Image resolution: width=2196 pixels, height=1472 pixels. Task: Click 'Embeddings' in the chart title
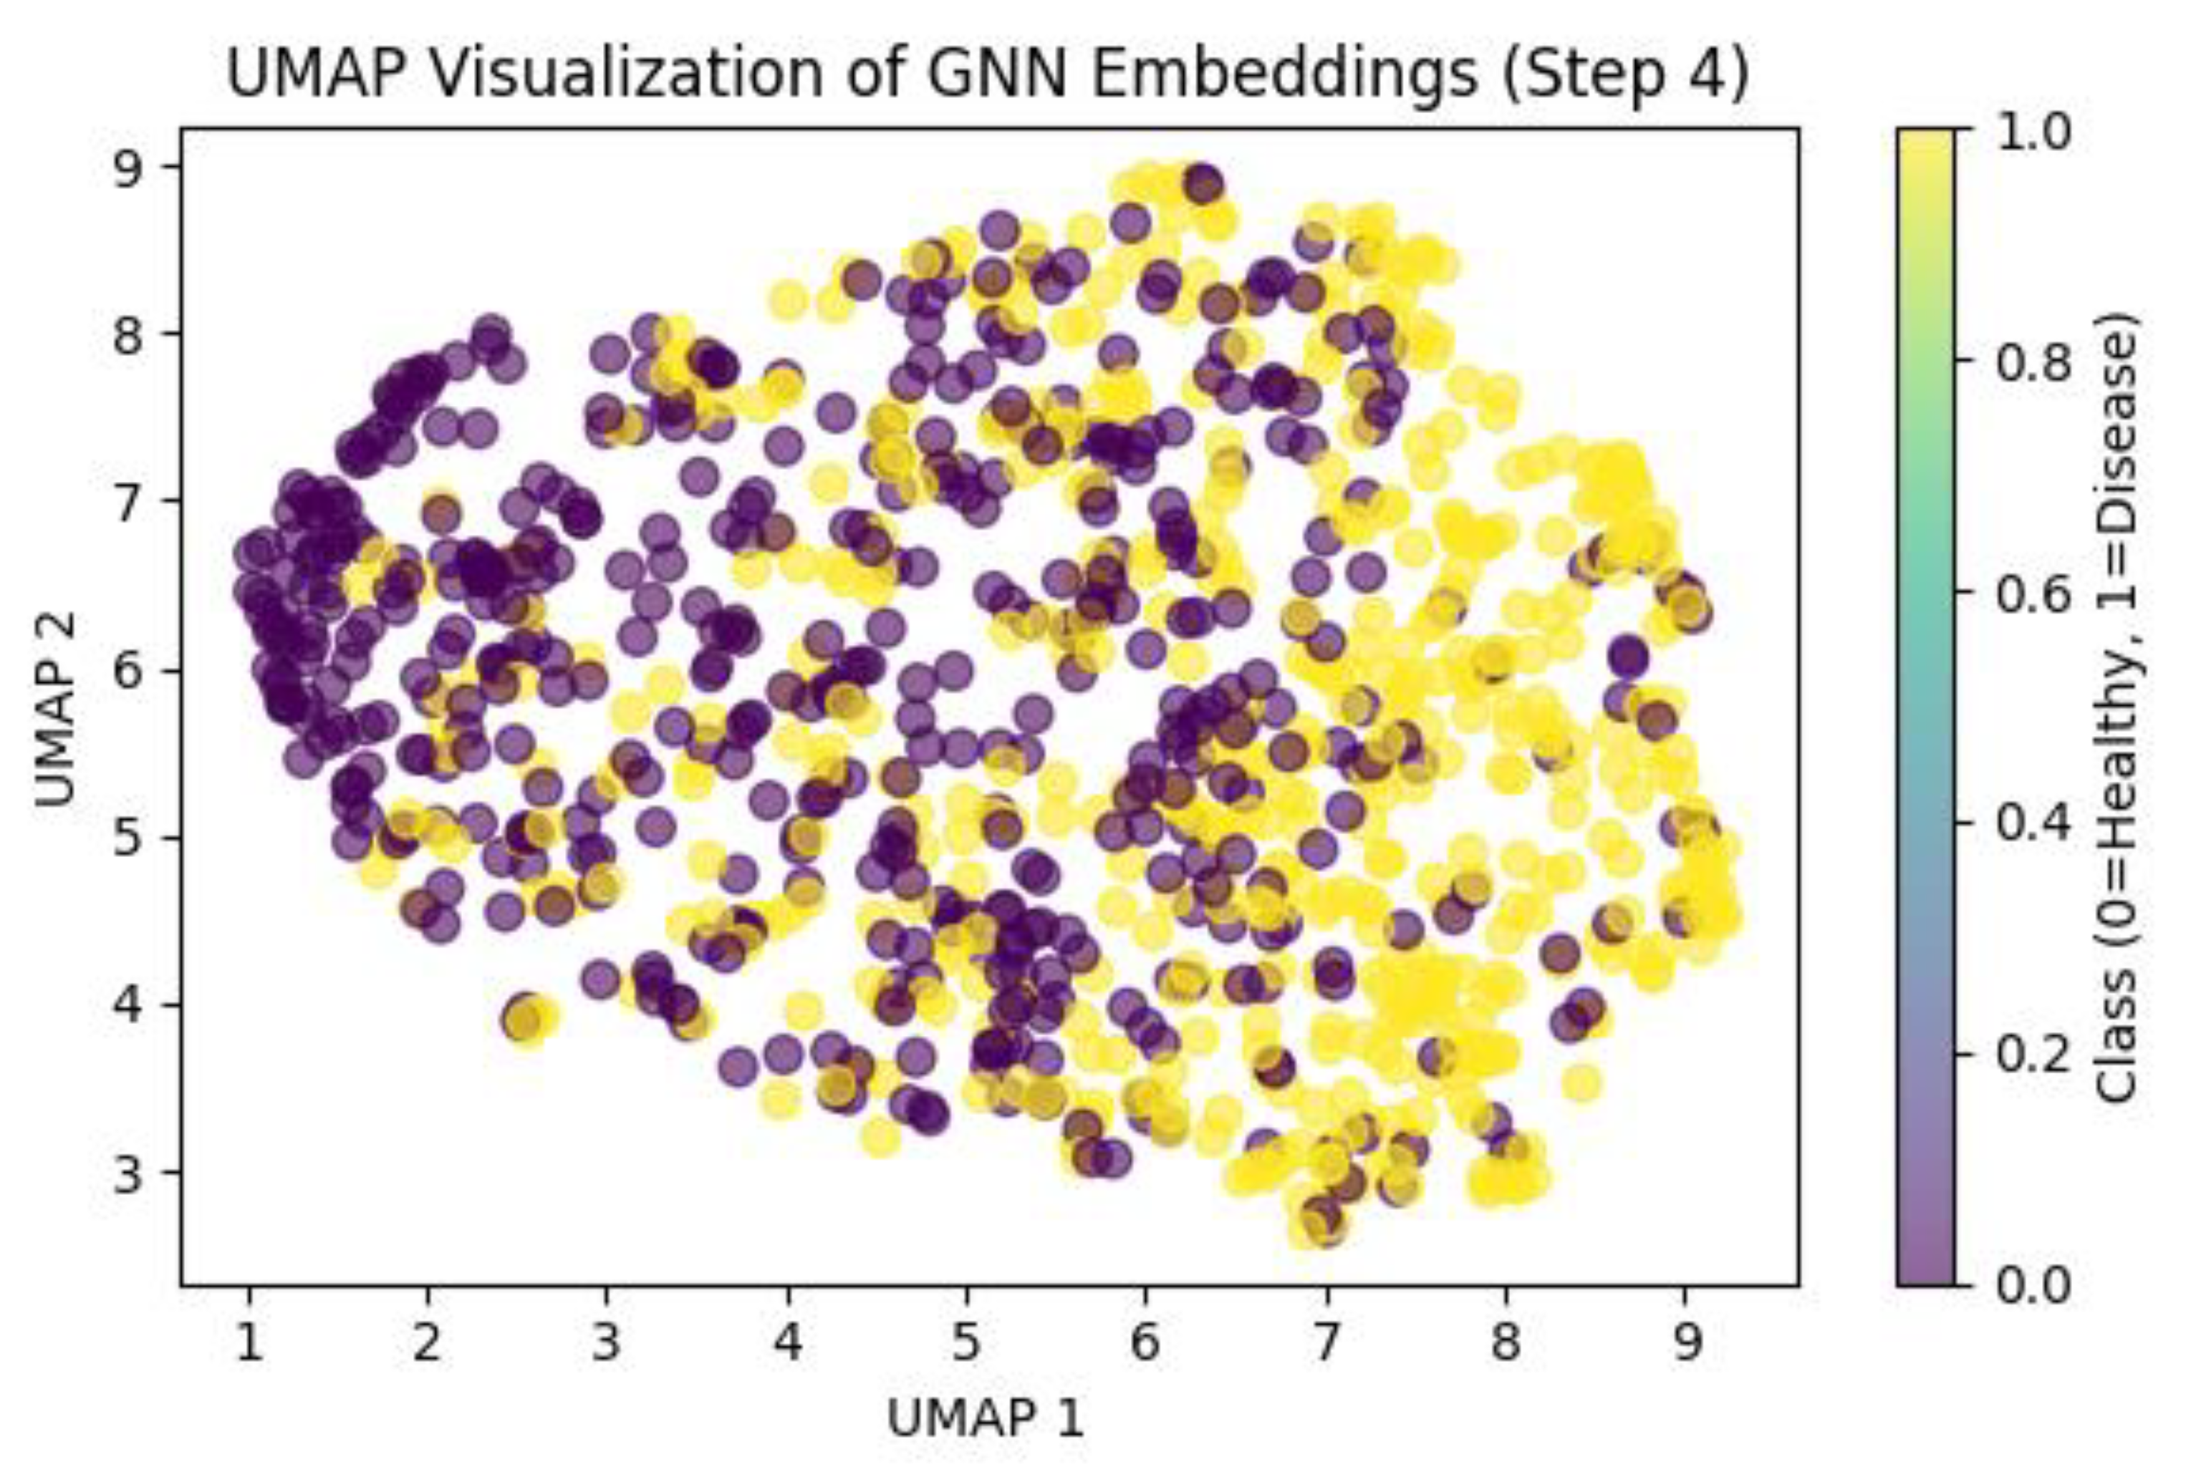pos(1284,75)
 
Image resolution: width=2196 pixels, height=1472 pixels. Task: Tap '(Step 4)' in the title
pos(1624,75)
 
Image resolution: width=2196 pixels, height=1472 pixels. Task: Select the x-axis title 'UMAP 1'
pos(986,1418)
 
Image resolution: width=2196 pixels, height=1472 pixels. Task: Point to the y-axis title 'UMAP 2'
pos(57,710)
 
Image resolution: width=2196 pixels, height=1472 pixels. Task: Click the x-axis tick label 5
pos(966,1343)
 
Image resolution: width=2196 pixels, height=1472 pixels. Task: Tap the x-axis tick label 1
pos(248,1343)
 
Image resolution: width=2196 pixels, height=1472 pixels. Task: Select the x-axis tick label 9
pos(1685,1343)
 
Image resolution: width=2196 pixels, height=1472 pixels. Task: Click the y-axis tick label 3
pos(132,1173)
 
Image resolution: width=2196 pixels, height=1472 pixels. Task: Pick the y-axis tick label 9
pos(132,166)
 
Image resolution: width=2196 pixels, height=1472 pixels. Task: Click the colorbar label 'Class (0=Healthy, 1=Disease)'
pos(2118,710)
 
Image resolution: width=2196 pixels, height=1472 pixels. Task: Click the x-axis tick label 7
pos(1325,1343)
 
